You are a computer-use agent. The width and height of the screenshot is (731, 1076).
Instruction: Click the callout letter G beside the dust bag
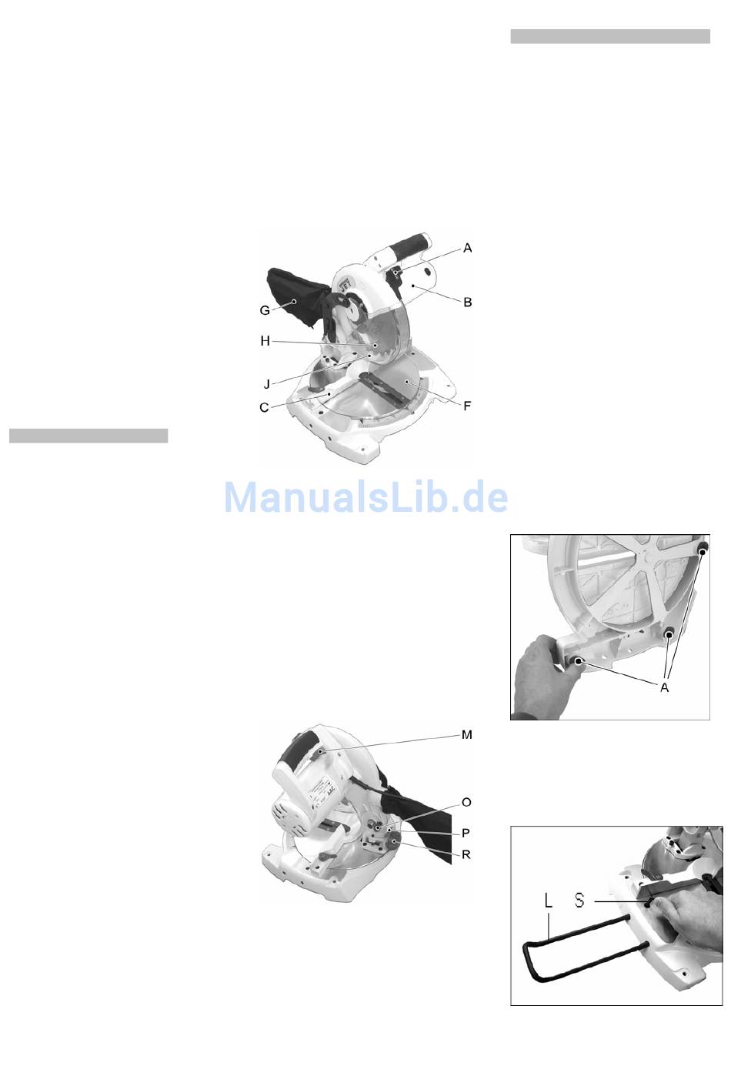[265, 310]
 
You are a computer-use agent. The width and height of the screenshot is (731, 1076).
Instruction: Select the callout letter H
[265, 341]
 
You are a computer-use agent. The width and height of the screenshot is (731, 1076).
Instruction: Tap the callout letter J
[267, 384]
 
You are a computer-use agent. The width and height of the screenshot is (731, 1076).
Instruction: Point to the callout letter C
[264, 408]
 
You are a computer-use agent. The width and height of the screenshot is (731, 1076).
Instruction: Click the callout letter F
[467, 406]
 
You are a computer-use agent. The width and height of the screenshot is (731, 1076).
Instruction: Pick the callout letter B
[467, 302]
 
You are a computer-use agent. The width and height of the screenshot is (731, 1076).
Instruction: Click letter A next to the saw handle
[467, 249]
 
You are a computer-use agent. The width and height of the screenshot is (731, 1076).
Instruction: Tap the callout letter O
[466, 802]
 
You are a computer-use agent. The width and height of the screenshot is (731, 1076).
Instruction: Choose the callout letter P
[466, 833]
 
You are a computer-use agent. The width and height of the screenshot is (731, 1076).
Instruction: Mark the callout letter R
[466, 855]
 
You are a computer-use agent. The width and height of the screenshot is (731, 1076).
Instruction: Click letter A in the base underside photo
[664, 688]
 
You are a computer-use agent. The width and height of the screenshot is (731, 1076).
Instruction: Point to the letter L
[549, 901]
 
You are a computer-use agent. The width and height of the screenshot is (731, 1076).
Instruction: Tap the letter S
[579, 901]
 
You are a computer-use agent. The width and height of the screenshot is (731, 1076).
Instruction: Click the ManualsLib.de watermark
[366, 497]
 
